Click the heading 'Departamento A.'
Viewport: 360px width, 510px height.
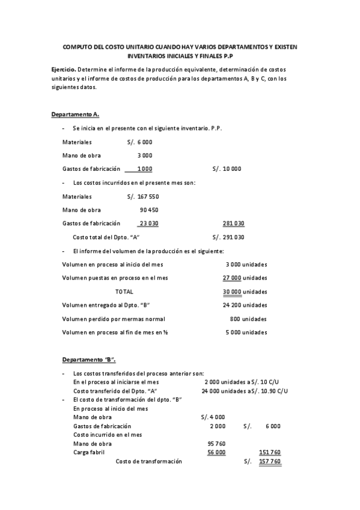click(75, 114)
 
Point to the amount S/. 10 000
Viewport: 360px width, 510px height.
click(227, 169)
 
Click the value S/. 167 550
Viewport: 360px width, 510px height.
click(143, 197)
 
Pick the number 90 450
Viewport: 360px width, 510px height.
click(149, 210)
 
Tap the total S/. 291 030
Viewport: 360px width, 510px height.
click(228, 237)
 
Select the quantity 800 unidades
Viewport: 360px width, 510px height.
click(248, 319)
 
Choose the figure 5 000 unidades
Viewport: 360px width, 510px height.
click(246, 332)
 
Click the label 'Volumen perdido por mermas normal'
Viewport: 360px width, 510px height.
click(114, 319)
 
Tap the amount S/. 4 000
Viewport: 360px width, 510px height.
click(213, 417)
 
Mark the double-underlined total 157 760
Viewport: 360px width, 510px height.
click(269, 461)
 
